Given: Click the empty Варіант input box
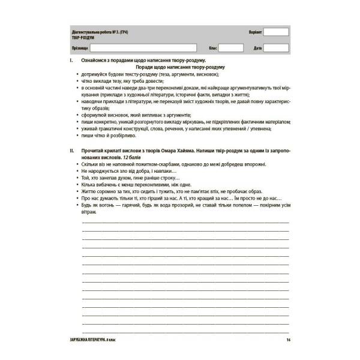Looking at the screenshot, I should pos(276,32).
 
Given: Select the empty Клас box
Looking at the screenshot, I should pos(231,47).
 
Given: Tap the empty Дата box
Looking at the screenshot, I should pos(277,47).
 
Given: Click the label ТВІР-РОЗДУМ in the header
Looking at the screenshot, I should pos(82,37).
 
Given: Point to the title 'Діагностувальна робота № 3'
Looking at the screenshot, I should pos(100,31).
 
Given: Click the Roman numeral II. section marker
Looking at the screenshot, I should pos(71,148).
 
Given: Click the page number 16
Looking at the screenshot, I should pos(288,341).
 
